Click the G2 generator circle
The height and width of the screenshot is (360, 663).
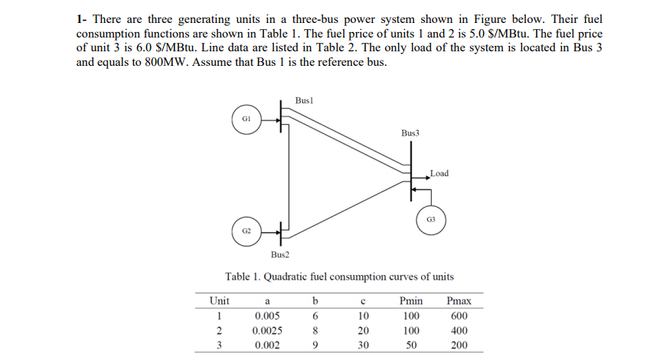coord(246,229)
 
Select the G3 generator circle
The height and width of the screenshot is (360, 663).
coord(430,218)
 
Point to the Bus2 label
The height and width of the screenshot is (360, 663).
coord(279,254)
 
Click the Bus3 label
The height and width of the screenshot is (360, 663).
coord(410,133)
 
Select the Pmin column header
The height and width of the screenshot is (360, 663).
coord(412,301)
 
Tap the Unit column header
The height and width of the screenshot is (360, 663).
coord(218,301)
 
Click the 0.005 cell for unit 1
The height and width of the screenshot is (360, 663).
coord(265,316)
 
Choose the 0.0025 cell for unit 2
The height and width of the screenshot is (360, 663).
coord(265,330)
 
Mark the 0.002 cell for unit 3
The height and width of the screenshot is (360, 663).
coord(265,345)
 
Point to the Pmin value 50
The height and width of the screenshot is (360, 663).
coord(412,345)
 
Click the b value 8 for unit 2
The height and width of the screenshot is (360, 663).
coord(315,330)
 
